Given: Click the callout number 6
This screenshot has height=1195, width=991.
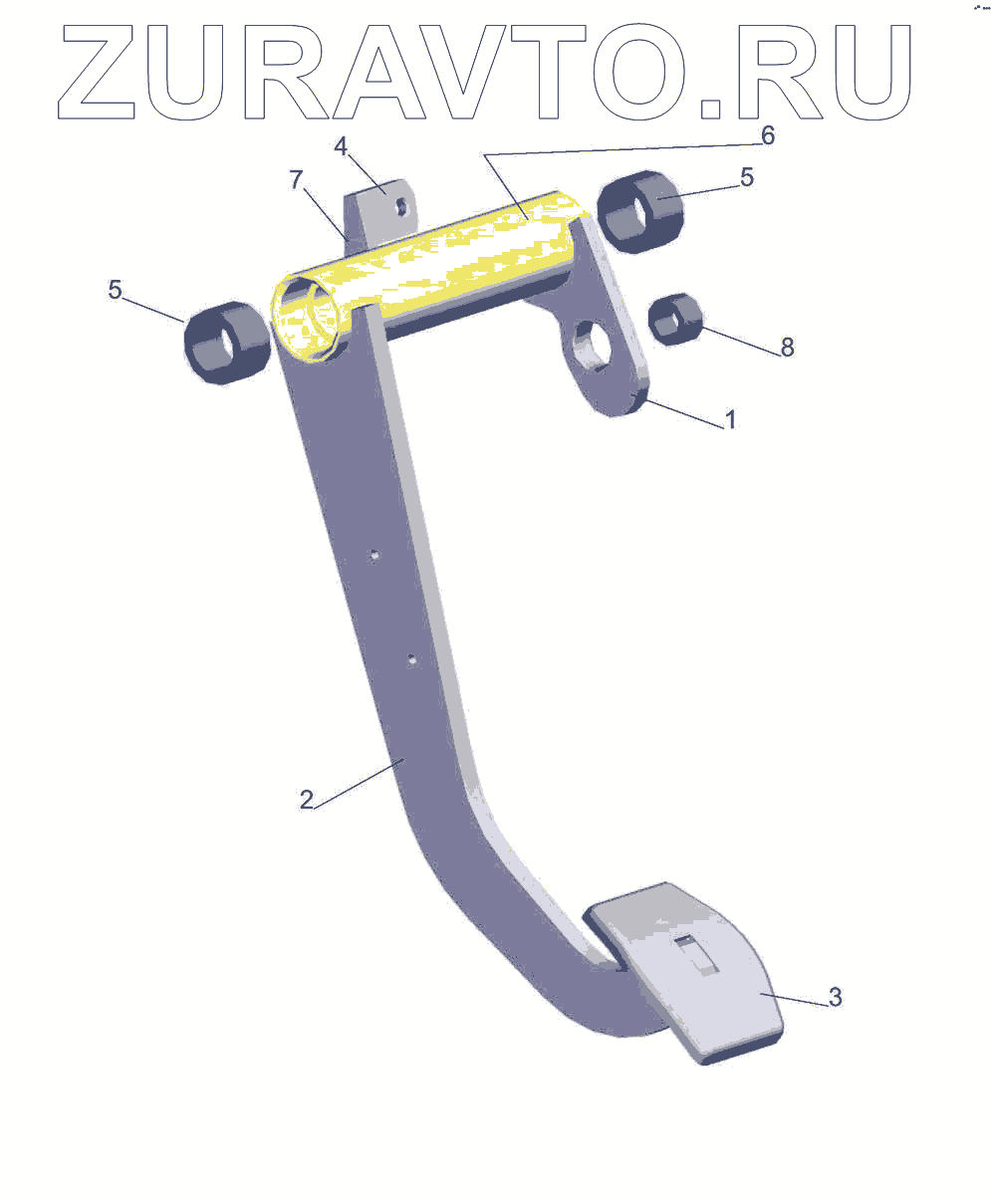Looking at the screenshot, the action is tap(767, 135).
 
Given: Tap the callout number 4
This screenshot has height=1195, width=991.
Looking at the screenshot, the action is tap(341, 147).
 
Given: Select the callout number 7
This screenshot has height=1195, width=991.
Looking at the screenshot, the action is tap(296, 179).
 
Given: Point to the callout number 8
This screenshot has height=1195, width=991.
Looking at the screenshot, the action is tap(787, 348).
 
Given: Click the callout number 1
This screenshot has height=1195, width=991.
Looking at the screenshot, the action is tap(730, 419).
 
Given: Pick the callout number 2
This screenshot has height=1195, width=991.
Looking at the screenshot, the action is tap(307, 800).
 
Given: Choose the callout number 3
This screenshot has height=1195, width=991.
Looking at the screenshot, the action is tap(836, 998).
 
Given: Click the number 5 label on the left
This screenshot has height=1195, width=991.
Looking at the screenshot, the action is tap(116, 290).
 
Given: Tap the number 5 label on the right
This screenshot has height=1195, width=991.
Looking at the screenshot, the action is tap(747, 177).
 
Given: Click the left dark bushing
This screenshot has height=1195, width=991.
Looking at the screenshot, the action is tap(227, 343).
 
